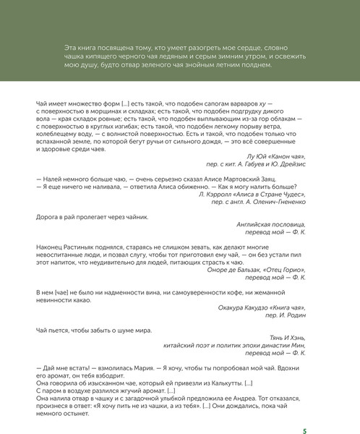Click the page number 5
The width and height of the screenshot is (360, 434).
pos(304,411)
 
